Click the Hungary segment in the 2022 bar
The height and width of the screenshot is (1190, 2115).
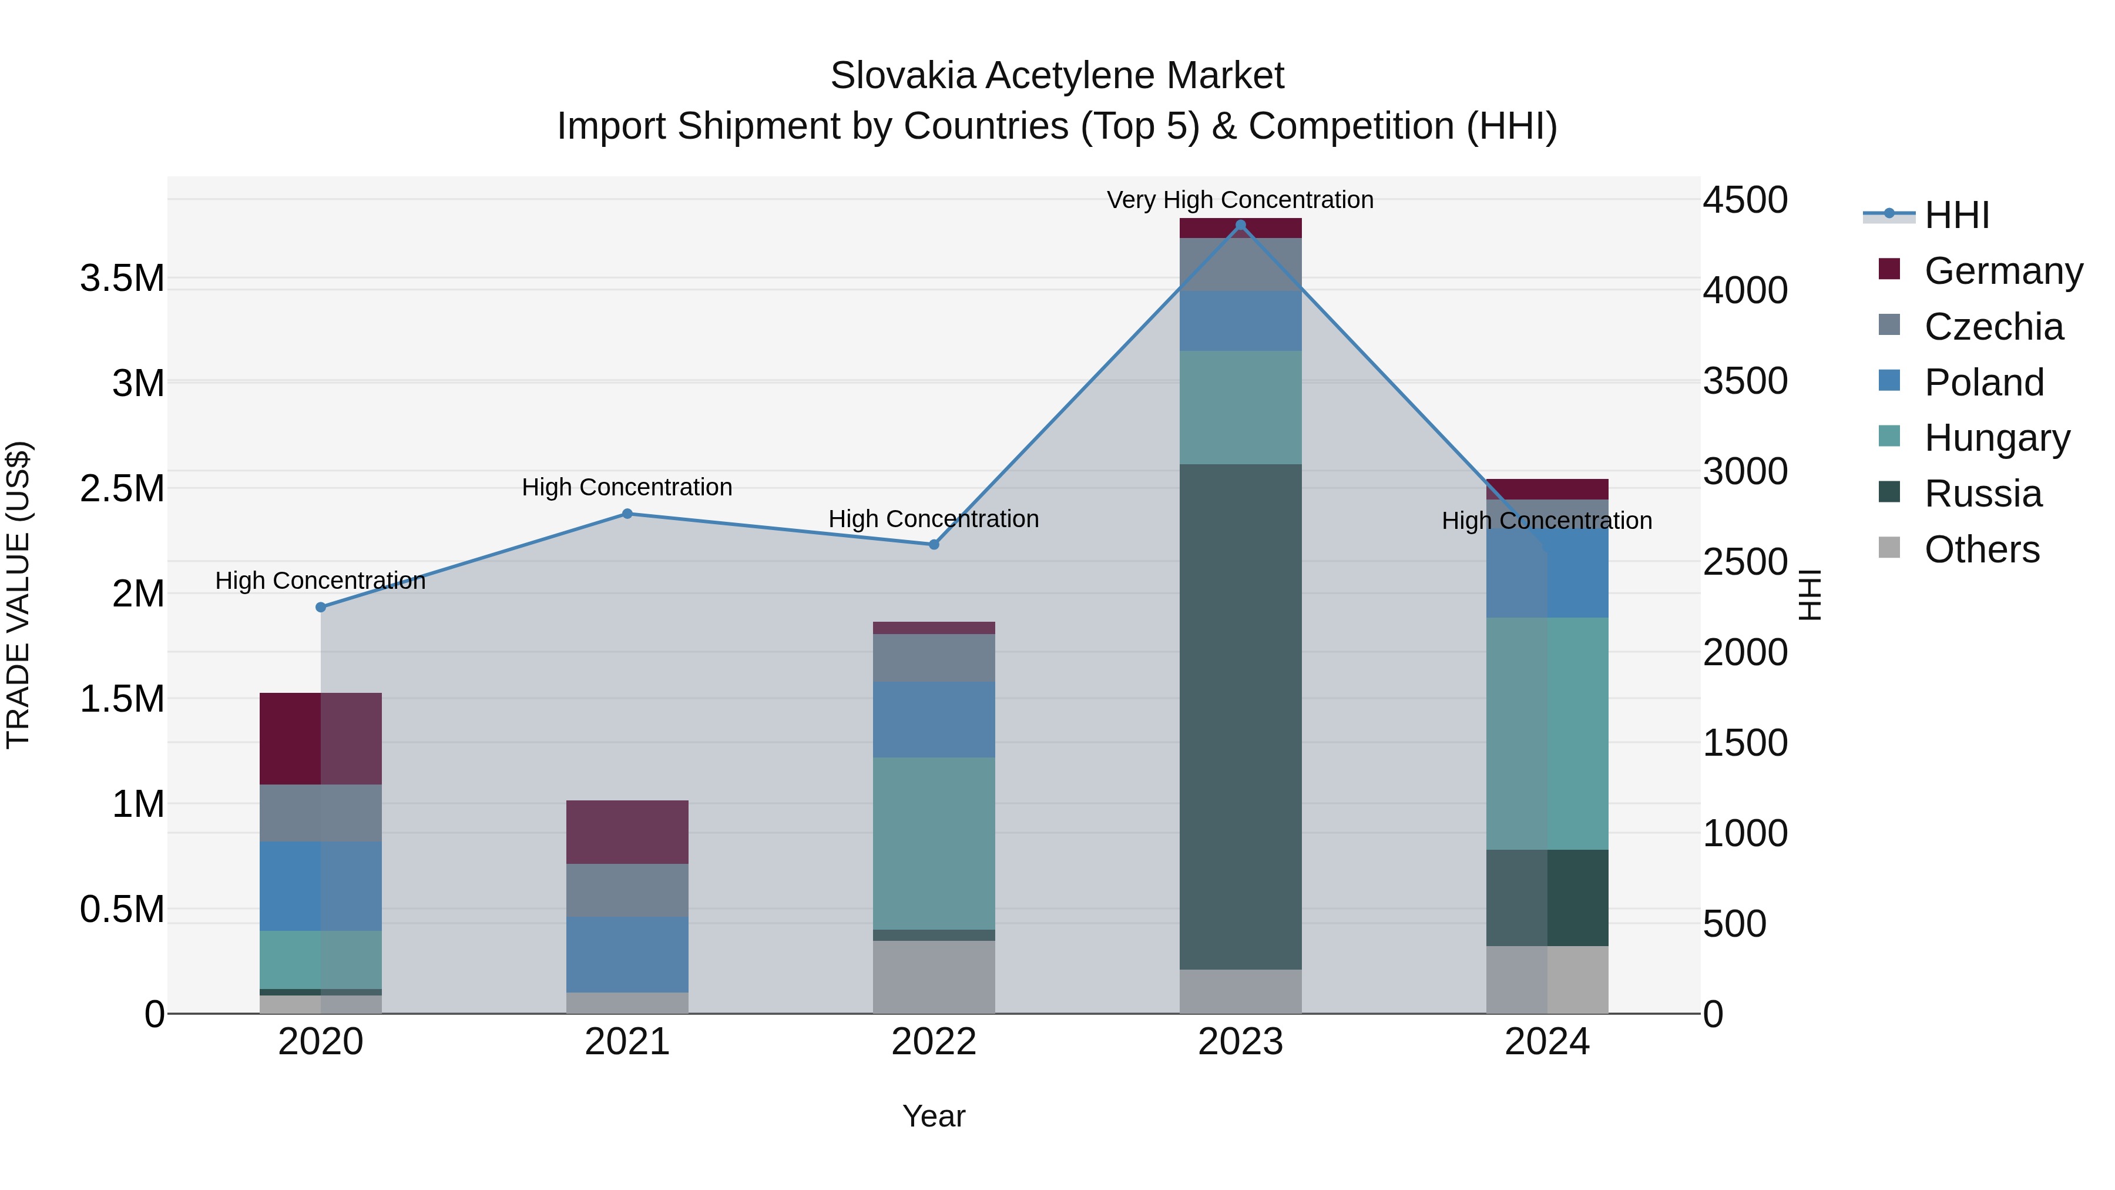point(934,843)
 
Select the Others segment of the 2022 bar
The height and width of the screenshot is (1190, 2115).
point(934,977)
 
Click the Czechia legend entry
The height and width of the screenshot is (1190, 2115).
point(1993,327)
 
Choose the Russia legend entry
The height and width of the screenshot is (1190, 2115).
point(1982,494)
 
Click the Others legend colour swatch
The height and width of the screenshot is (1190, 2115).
point(1889,548)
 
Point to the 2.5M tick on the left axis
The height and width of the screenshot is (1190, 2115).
point(122,489)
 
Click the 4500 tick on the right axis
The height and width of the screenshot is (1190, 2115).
point(1745,200)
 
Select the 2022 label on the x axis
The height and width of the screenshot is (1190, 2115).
point(934,1042)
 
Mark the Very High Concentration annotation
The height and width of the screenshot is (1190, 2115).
point(1240,200)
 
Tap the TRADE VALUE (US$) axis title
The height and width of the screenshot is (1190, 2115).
point(18,595)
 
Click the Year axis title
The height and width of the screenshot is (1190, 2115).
point(934,1116)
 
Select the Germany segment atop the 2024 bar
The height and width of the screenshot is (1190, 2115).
point(1547,489)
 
